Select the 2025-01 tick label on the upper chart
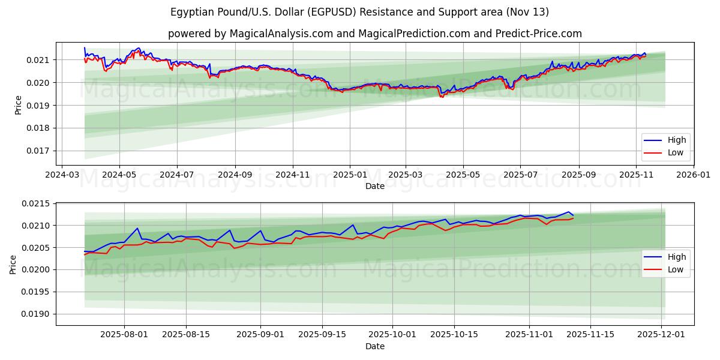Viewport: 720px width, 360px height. pyautogui.click(x=349, y=175)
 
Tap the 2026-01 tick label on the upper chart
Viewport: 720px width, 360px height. pyautogui.click(x=694, y=175)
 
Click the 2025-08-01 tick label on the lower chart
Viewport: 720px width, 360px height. pyautogui.click(x=124, y=335)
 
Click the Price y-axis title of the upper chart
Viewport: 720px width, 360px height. pyautogui.click(x=18, y=104)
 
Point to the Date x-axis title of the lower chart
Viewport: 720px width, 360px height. pyautogui.click(x=375, y=346)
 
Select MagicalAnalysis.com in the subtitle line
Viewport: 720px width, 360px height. pyautogui.click(x=281, y=34)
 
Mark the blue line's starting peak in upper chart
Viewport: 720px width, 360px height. pyautogui.click(x=85, y=47)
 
